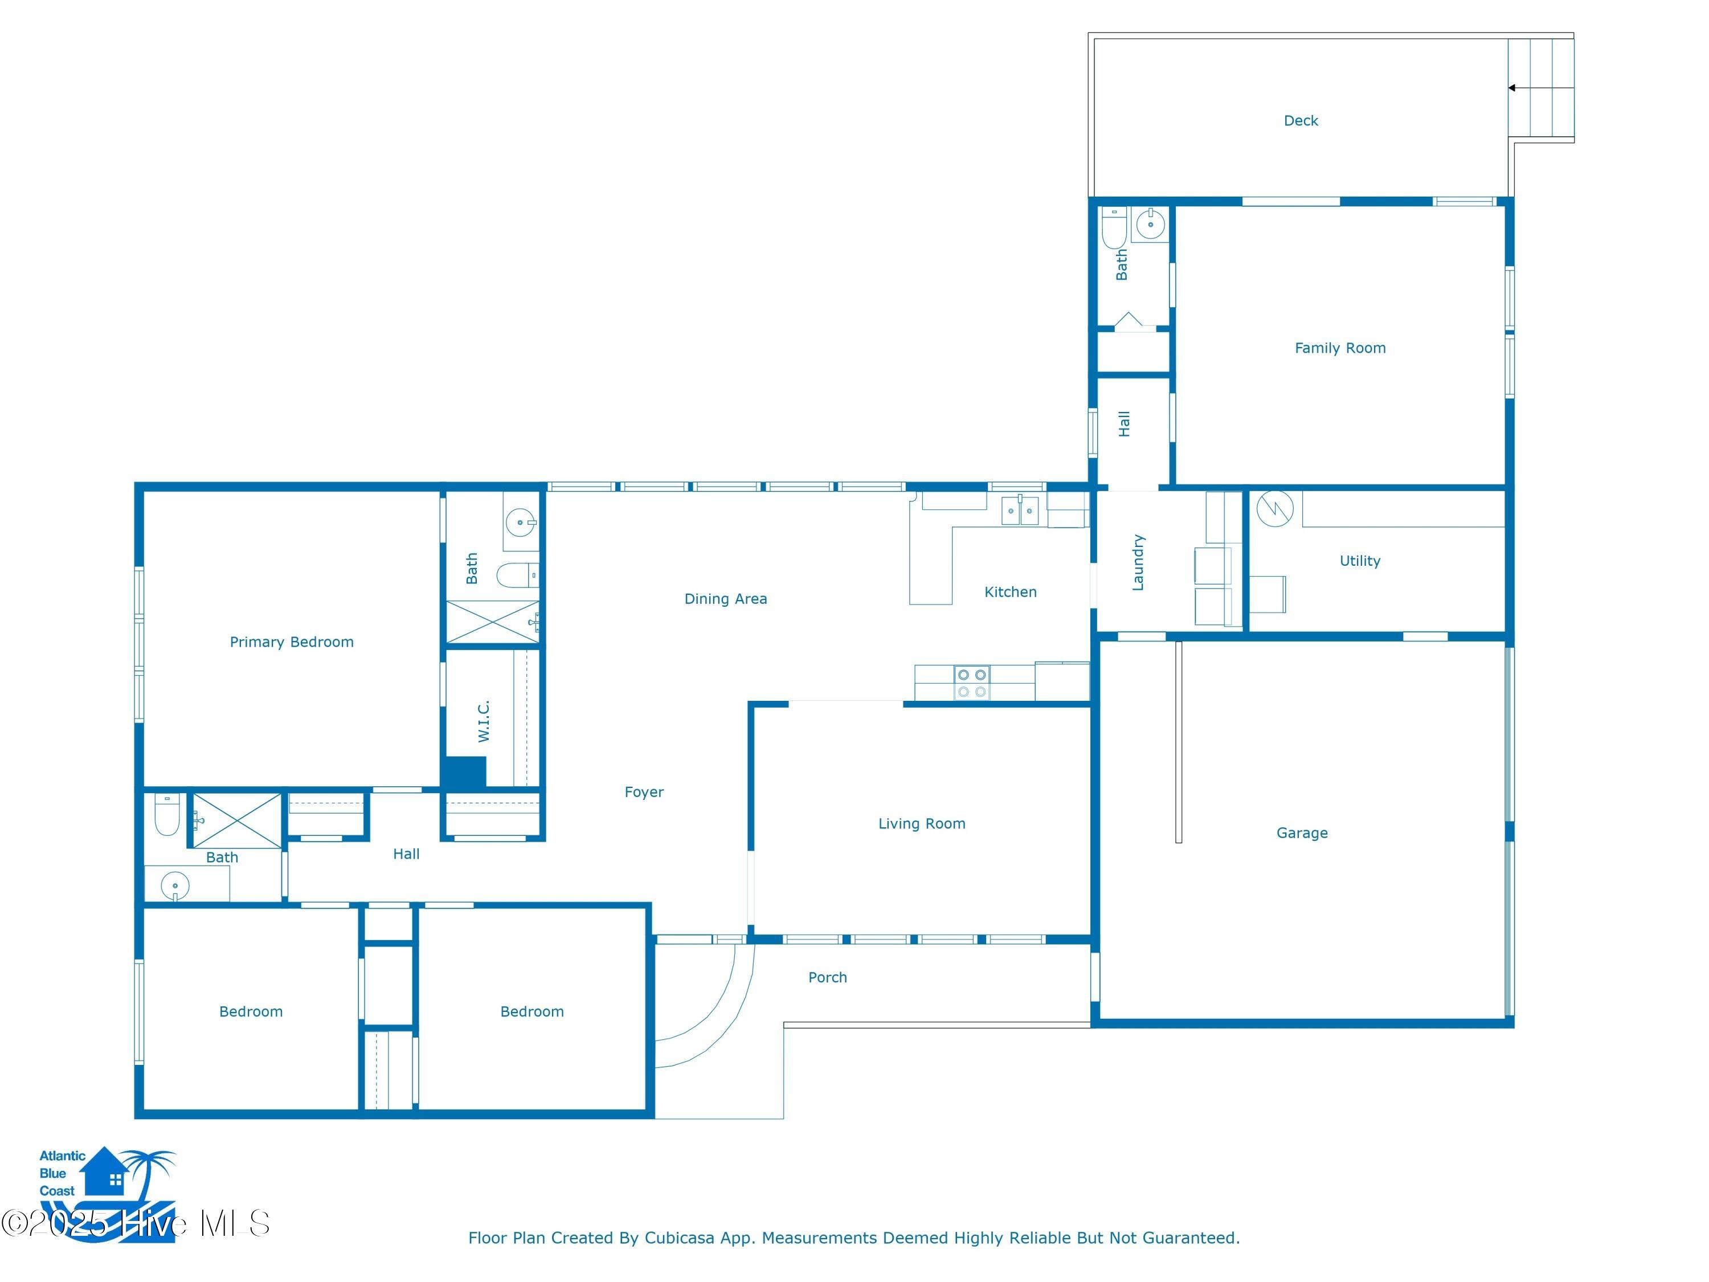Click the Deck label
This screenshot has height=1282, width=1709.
(x=1301, y=121)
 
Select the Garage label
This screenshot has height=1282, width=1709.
(x=1302, y=833)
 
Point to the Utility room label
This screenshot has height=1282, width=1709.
(x=1360, y=561)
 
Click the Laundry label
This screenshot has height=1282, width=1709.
(x=1137, y=562)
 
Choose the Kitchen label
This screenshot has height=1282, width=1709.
(x=1011, y=592)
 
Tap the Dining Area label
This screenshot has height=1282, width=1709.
(x=726, y=599)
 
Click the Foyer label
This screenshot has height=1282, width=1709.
(x=644, y=792)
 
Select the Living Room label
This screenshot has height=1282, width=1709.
(x=922, y=824)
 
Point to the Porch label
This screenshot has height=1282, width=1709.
(x=828, y=978)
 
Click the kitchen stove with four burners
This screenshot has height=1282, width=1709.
(x=972, y=683)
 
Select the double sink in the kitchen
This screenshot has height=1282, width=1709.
(x=1020, y=511)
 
